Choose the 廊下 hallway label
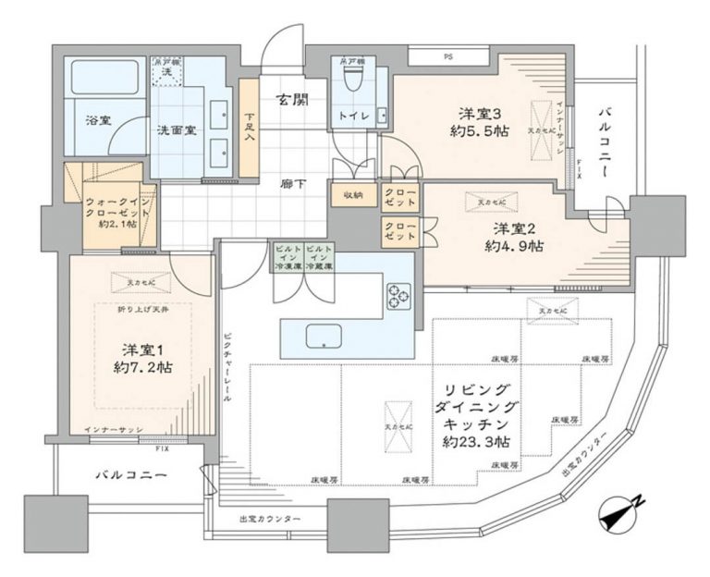click(294, 183)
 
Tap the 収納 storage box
click(352, 195)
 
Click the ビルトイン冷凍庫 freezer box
click(286, 256)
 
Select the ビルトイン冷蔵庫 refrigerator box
click(318, 256)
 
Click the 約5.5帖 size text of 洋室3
click(481, 132)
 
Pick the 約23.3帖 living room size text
click(478, 443)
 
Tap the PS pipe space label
click(448, 56)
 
